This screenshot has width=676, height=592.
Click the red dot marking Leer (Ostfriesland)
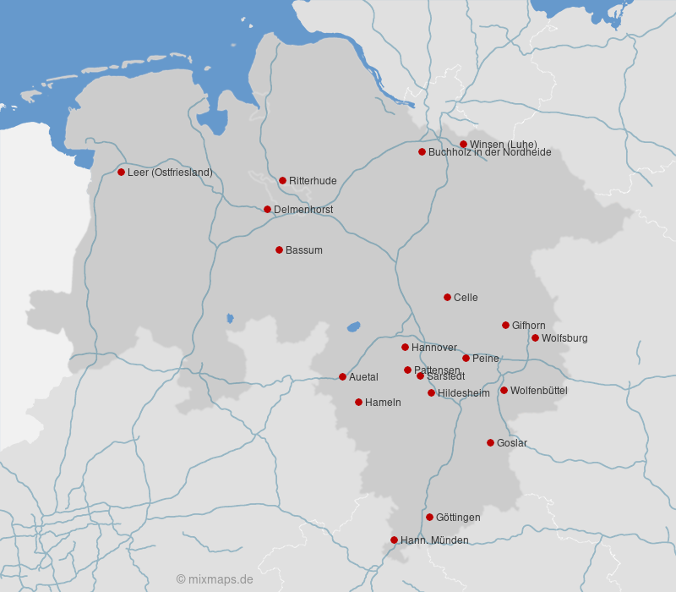click(121, 172)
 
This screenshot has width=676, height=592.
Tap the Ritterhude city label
click(313, 181)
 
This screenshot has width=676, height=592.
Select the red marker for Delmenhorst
click(267, 209)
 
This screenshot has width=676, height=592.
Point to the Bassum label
click(303, 250)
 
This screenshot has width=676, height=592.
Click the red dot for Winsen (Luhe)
click(463, 144)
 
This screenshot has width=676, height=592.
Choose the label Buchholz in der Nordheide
click(489, 152)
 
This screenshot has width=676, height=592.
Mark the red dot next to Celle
click(447, 297)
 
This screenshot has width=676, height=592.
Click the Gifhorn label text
click(528, 326)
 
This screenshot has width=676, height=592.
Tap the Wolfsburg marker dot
click(535, 337)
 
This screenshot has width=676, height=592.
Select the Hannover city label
click(433, 348)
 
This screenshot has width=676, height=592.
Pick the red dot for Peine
click(466, 358)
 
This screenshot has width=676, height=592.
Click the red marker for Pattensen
click(407, 370)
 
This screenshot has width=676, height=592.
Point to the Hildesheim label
click(463, 393)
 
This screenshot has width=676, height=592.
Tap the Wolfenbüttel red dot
click(504, 390)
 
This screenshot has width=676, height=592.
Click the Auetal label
click(363, 377)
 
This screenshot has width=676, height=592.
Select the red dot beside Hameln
click(358, 402)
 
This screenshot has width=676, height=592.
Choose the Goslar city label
click(511, 443)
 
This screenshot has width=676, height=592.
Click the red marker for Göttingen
click(429, 517)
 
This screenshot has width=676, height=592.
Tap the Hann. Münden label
click(433, 540)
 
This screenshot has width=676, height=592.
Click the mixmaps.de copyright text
click(215, 579)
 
